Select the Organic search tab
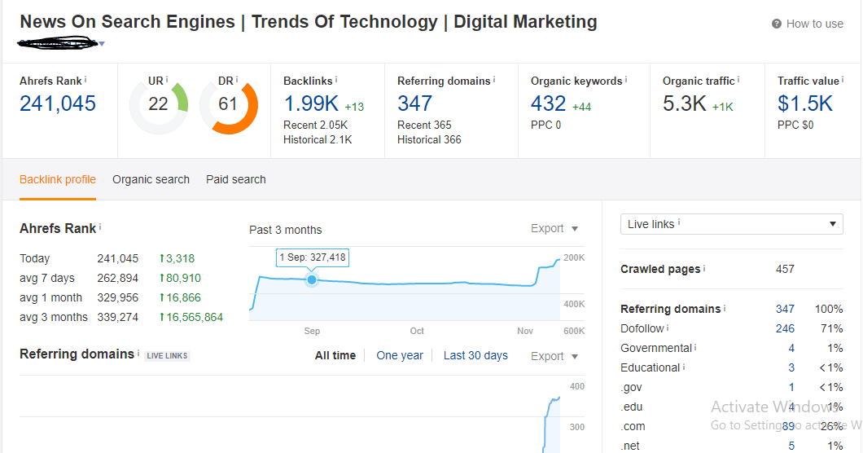[x=151, y=179]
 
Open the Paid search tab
[x=236, y=179]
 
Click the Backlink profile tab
[x=58, y=179]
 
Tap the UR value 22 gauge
[x=158, y=104]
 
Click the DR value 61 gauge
[x=228, y=104]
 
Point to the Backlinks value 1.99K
[x=312, y=103]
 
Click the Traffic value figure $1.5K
[x=805, y=103]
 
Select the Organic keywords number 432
[x=548, y=103]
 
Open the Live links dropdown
[x=731, y=224]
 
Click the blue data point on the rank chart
[x=312, y=280]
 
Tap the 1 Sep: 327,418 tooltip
[x=313, y=257]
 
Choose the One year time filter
[x=400, y=355]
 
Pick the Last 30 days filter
[x=475, y=355]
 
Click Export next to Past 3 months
[x=554, y=229]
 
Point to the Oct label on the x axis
[x=417, y=331]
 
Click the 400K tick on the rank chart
[x=574, y=304]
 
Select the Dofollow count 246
[x=785, y=328]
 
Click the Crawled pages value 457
[x=785, y=269]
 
